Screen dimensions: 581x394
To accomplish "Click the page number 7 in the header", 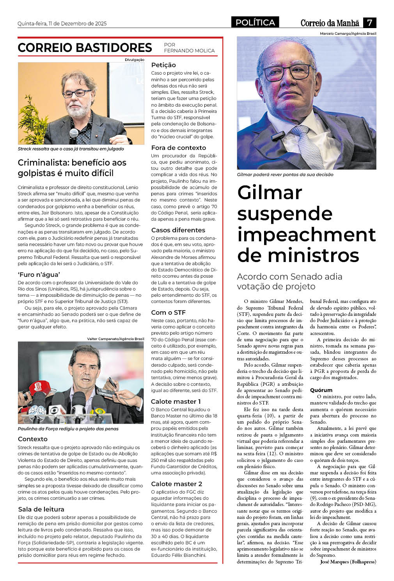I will click(369, 22).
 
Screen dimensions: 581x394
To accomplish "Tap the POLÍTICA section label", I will click(255, 22).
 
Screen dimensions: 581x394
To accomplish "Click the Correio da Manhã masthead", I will click(330, 23).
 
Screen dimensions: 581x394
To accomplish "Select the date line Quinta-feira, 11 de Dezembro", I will click(62, 23).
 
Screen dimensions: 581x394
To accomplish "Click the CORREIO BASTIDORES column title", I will click(85, 48).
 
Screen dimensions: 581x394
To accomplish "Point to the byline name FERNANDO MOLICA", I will click(189, 51).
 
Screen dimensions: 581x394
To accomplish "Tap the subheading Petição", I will click(163, 65).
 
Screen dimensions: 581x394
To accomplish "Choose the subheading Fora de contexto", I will click(178, 148).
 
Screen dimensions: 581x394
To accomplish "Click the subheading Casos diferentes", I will click(178, 230).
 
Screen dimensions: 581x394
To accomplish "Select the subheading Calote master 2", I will click(176, 484).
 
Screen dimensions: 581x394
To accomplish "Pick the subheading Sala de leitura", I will click(41, 509).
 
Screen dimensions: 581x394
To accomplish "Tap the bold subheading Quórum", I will click(321, 390).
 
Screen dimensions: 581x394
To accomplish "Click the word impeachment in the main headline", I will click(306, 234).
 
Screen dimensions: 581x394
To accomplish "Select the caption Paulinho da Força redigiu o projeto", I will click(68, 429).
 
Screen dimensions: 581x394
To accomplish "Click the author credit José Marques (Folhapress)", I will click(348, 561).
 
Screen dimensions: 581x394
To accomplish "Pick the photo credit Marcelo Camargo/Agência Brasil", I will click(348, 34).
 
